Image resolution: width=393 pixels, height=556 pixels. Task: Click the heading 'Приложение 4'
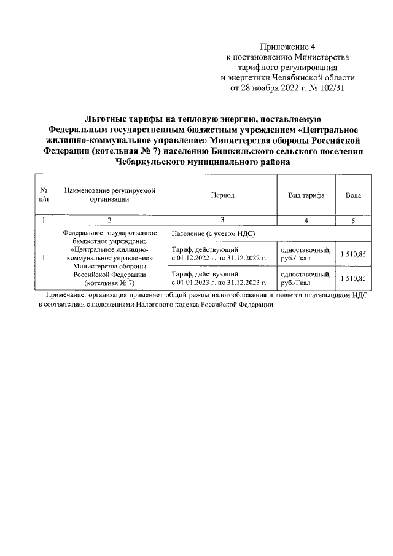pyautogui.click(x=287, y=47)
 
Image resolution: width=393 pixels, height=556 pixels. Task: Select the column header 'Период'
pyautogui.click(x=222, y=195)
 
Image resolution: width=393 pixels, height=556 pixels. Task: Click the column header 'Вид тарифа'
pyautogui.click(x=306, y=195)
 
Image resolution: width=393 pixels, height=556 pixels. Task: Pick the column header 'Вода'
pyautogui.click(x=353, y=195)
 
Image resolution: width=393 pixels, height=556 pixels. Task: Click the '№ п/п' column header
pyautogui.click(x=44, y=195)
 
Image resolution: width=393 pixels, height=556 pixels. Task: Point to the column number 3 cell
pyautogui.click(x=222, y=220)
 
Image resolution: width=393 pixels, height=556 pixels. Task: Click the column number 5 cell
pyautogui.click(x=353, y=220)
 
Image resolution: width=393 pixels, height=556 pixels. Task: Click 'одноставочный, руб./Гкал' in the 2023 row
pyautogui.click(x=306, y=278)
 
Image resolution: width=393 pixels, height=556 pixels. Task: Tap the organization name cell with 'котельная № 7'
pyautogui.click(x=109, y=258)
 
